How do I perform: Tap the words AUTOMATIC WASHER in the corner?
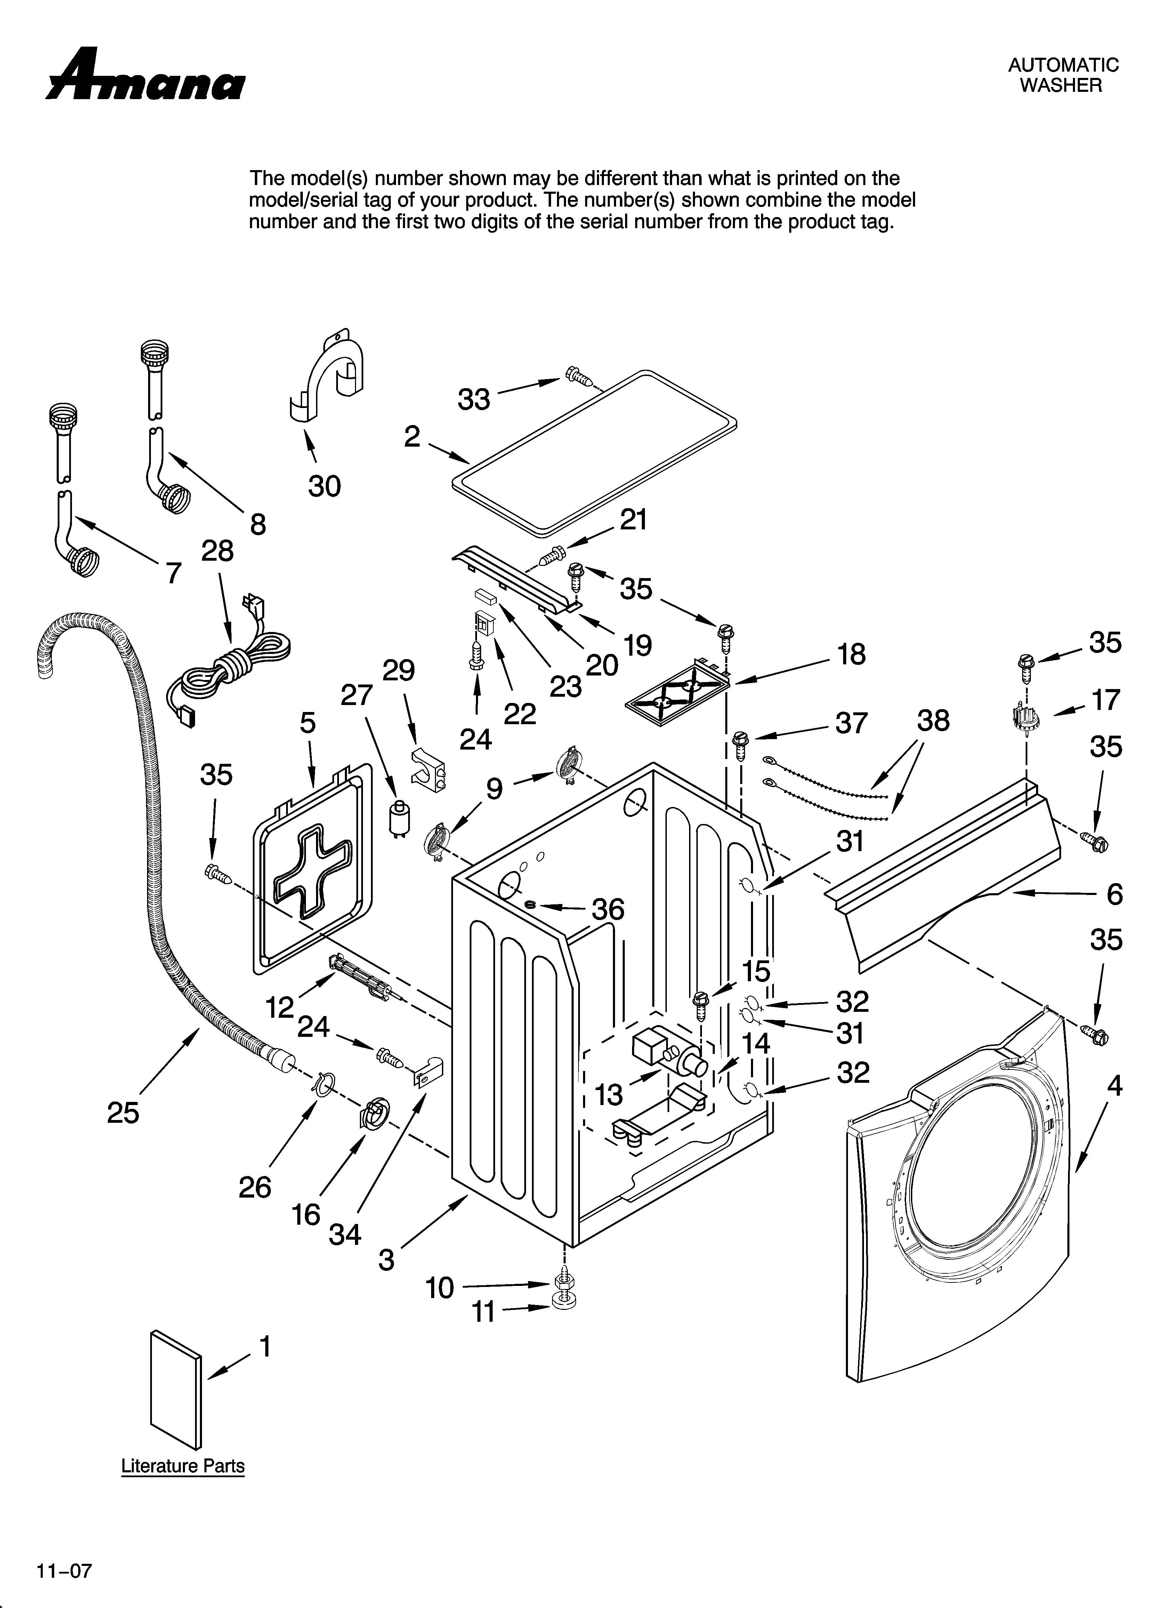(1062, 75)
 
